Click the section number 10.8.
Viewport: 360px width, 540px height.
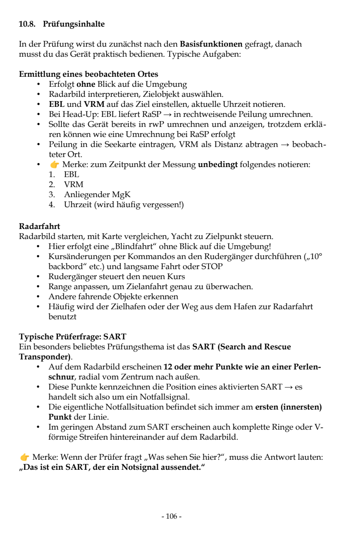(27, 25)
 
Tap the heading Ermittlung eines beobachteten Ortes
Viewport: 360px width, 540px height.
(89, 74)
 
